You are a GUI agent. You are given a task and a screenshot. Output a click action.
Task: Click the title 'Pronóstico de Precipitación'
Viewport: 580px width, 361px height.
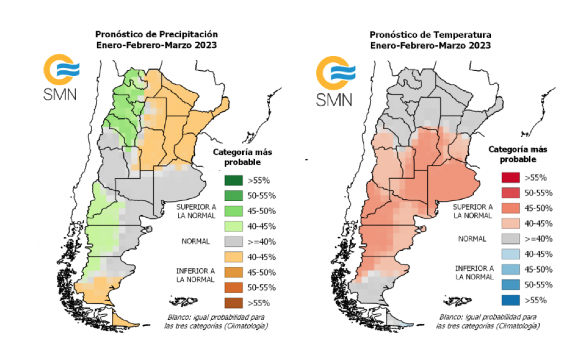[x=156, y=34]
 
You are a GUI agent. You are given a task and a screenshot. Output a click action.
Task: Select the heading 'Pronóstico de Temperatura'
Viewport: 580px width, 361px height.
[x=430, y=34]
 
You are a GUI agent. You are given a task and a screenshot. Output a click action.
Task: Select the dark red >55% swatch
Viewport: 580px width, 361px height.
[x=509, y=177]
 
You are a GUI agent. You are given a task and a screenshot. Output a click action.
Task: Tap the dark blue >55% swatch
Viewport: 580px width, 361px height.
[x=509, y=300]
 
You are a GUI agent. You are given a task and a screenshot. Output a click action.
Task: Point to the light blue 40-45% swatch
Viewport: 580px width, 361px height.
[x=509, y=254]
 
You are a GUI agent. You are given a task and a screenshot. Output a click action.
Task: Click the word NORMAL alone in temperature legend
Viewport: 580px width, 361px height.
[x=472, y=239]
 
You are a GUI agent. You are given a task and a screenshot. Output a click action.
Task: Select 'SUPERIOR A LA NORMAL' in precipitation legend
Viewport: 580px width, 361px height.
[x=196, y=211]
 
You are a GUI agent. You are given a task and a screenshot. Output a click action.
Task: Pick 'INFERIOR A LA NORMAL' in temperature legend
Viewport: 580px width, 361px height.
[x=474, y=272]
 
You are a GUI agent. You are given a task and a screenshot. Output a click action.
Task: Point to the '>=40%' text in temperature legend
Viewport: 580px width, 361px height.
[x=535, y=239]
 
